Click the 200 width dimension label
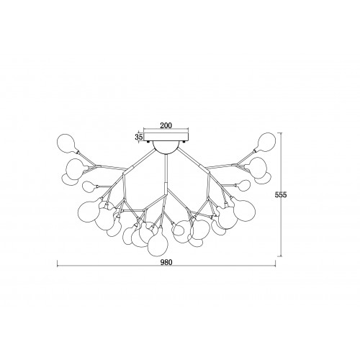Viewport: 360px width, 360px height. [x=166, y=125]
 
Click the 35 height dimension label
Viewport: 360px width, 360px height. [x=139, y=137]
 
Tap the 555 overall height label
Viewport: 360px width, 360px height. [x=281, y=194]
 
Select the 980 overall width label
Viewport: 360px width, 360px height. [x=166, y=262]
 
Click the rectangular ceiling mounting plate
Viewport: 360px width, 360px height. [x=166, y=137]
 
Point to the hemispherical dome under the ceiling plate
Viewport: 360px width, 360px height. [x=166, y=147]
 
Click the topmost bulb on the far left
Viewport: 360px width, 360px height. [x=68, y=144]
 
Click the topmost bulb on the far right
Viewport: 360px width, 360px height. [x=266, y=143]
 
